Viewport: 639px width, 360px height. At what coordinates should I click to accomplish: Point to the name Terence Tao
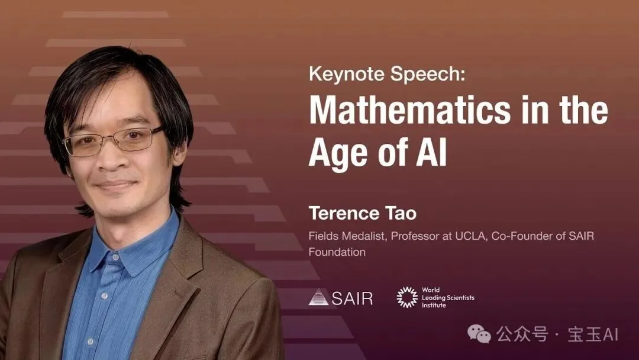pos(353,213)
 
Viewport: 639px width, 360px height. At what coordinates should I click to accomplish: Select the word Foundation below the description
pos(337,252)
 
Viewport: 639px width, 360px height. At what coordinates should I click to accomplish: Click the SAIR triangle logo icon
pos(318,297)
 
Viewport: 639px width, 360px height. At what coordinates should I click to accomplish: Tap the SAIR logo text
pos(352,298)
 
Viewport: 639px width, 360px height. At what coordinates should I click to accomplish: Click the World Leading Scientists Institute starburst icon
pos(407,297)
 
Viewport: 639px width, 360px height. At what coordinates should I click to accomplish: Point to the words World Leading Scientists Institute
pos(447,298)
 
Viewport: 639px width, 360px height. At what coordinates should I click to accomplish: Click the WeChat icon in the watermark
pos(479,335)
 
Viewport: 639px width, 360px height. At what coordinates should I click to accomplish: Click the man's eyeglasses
pos(112,140)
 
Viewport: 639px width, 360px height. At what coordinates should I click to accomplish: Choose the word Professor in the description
pos(404,236)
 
